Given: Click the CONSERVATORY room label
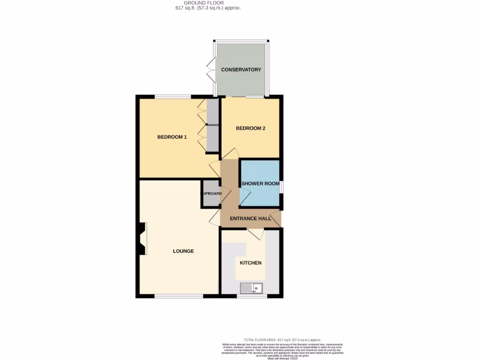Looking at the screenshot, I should (241, 70).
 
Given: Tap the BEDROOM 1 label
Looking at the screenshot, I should (172, 137).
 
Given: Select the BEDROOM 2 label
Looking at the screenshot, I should (251, 128).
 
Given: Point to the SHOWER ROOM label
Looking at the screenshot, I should (260, 184).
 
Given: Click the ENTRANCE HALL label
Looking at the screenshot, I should (250, 218).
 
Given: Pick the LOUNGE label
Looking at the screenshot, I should (183, 251).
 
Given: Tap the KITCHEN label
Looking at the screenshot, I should (251, 263).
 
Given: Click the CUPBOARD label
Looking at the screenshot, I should (211, 193).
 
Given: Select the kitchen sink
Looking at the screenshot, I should (252, 288).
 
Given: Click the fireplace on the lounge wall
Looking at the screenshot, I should (142, 239).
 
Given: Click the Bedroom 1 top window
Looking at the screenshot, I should (173, 97).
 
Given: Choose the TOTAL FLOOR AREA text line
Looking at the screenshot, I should (282, 339).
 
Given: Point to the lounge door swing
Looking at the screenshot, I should (214, 217).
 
